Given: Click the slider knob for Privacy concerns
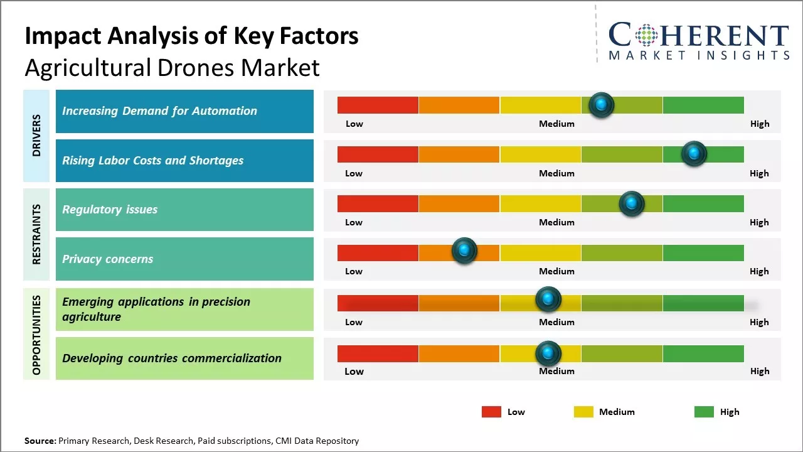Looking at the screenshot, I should coord(464,250).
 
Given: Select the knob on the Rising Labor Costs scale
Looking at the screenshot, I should coord(694,153).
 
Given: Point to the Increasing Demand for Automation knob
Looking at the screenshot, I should coord(601,104).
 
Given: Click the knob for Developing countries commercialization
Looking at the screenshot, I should coord(548,353).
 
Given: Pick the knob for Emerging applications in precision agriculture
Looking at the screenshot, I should coord(548,299).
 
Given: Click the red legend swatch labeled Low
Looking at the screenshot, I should coord(491,412).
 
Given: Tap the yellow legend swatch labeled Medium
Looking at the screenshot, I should coord(583,412).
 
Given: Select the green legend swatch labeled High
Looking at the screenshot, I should coord(704,412).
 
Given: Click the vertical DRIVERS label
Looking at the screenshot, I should coord(36,135).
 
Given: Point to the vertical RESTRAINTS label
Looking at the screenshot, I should coord(36,234).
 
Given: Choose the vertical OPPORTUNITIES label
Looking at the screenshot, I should coord(36,335).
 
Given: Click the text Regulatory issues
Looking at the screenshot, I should coord(110,210).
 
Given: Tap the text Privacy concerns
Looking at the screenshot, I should coord(107,259).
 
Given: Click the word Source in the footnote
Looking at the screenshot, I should coord(40,441).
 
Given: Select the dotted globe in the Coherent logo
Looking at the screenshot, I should coord(646,36).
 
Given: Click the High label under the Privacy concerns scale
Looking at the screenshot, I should coord(759,271).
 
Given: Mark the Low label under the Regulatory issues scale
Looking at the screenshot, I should coord(354,222).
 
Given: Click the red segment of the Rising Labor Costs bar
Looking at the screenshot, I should coord(378,154).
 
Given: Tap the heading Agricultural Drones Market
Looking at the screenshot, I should coord(172,67).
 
